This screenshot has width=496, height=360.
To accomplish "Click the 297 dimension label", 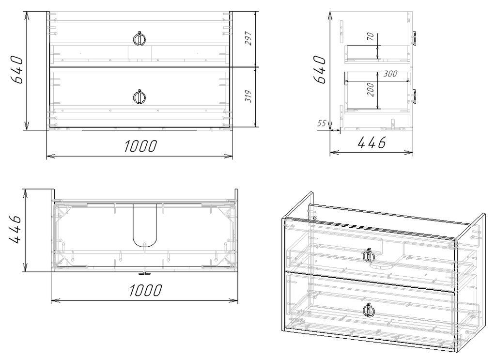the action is point(248,38).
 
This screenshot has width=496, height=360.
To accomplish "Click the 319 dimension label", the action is point(248,96).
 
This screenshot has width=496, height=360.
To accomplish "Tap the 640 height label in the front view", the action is point(16,70).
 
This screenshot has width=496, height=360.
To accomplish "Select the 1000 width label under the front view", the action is point(140,146).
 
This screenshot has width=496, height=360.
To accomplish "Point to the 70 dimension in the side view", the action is point(371,36).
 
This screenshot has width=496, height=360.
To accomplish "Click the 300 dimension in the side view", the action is point(390,74).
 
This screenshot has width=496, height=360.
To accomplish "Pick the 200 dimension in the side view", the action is point(371,90).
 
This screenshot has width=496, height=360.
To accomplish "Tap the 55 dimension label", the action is point(322,124).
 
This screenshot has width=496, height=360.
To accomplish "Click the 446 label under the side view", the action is point(372,142).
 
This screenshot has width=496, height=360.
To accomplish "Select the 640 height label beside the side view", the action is point(320,70).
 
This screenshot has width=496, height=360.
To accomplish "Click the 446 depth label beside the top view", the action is point(15,230).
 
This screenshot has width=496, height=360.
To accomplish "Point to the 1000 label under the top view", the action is point(145,290).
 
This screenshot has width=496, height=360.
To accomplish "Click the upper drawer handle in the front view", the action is point(139,39).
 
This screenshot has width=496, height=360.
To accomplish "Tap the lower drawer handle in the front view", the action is point(139,97).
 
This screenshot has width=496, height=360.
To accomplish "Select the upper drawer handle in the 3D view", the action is point(369,255).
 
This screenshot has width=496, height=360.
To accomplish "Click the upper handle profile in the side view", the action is point(415,38).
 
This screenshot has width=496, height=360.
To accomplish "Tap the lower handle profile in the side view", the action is point(415,96).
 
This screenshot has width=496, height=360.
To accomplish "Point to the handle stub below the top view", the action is point(144,273).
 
